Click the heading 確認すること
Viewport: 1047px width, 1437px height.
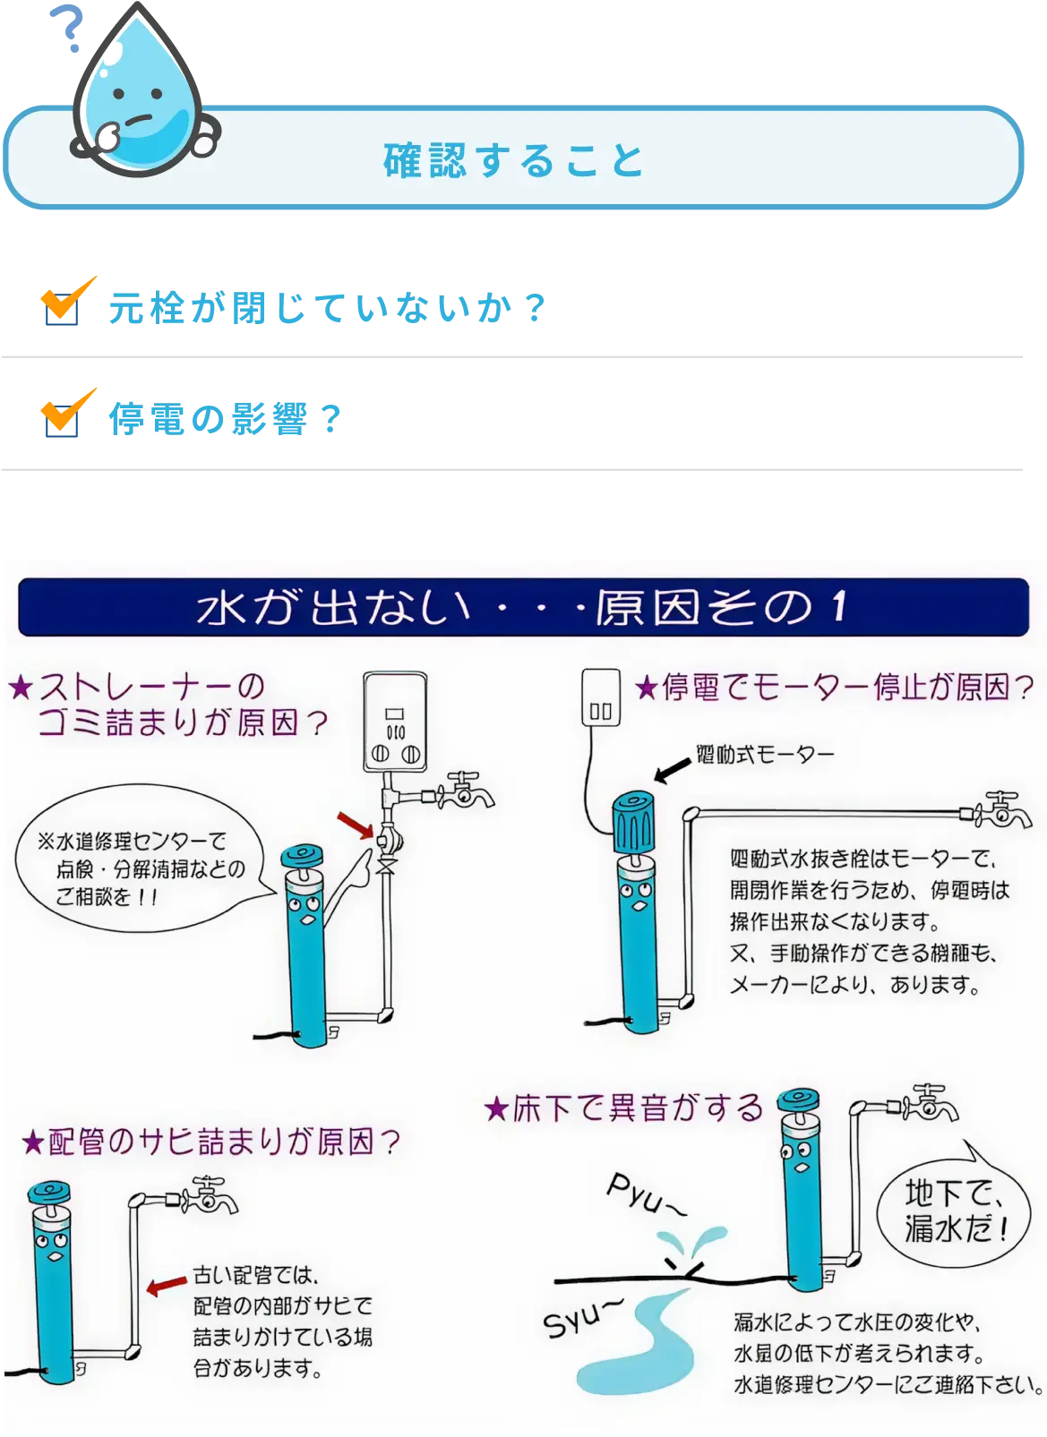pos(514,161)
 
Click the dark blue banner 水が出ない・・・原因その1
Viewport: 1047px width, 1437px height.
pos(523,607)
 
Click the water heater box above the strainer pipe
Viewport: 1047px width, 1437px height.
pos(395,722)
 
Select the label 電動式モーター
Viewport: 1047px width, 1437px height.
pos(764,755)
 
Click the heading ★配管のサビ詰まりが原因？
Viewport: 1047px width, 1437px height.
pos(210,1142)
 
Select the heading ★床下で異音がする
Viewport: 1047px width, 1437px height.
pos(623,1108)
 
